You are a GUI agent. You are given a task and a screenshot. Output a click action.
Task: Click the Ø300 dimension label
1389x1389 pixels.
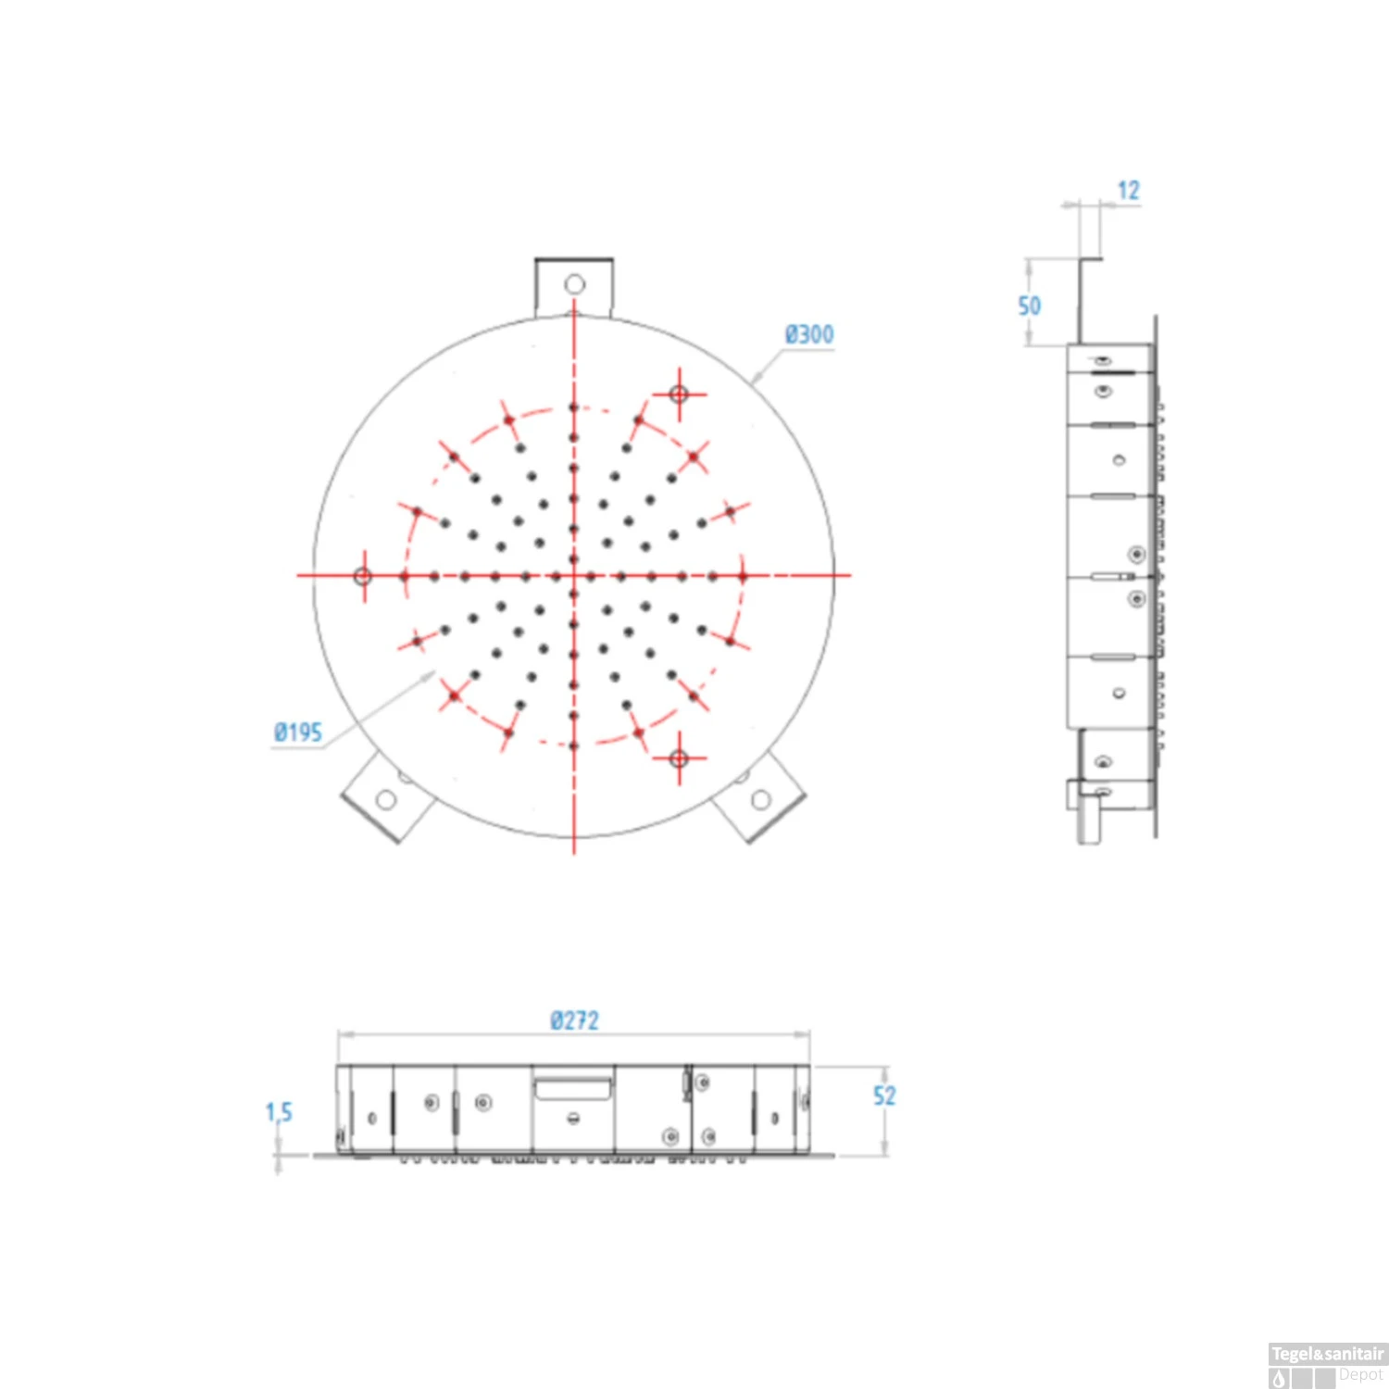pyautogui.click(x=808, y=334)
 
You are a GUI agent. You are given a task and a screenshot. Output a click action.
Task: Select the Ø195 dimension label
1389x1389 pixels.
pyautogui.click(x=297, y=732)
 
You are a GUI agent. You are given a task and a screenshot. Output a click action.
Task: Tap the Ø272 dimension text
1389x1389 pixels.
pyautogui.click(x=574, y=1020)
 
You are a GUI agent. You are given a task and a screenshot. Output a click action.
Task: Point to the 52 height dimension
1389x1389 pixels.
pyautogui.click(x=884, y=1096)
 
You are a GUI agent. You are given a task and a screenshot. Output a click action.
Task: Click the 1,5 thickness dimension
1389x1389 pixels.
pyautogui.click(x=278, y=1112)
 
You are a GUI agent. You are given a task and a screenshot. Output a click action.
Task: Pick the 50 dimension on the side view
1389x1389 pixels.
pyautogui.click(x=1029, y=306)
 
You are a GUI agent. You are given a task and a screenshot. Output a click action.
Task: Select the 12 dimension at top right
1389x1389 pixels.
pyautogui.click(x=1128, y=191)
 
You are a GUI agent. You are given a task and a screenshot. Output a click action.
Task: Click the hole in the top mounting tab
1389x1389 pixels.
pyautogui.click(x=574, y=283)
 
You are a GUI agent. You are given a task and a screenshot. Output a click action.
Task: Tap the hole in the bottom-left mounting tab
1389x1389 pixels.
pyautogui.click(x=386, y=799)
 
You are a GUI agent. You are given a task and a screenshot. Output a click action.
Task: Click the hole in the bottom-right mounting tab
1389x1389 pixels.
pyautogui.click(x=761, y=799)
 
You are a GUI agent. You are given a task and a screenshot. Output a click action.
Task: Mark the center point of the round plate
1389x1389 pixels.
pyautogui.click(x=574, y=575)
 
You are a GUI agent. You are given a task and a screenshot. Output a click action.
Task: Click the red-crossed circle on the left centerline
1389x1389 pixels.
pyautogui.click(x=363, y=576)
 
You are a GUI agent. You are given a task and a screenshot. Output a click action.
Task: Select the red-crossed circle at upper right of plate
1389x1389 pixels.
pyautogui.click(x=679, y=394)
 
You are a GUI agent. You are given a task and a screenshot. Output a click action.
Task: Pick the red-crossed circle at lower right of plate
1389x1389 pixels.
pyautogui.click(x=679, y=758)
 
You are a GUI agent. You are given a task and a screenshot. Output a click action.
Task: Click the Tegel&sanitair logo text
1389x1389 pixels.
pyautogui.click(x=1327, y=1354)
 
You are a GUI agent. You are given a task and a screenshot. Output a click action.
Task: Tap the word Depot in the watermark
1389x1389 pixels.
pyautogui.click(x=1360, y=1375)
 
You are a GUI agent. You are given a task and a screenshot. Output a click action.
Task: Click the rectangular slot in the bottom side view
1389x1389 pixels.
pyautogui.click(x=573, y=1086)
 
